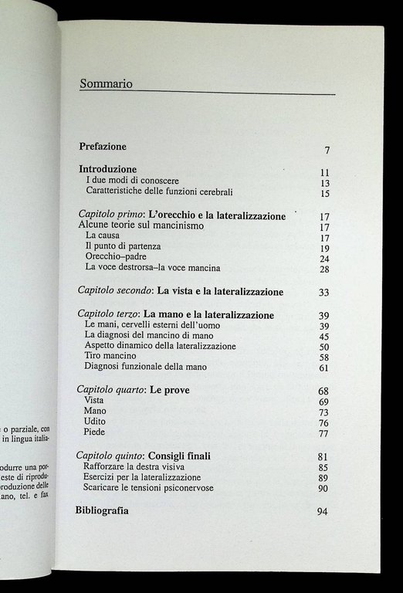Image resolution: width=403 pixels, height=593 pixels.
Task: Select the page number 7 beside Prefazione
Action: (327, 150)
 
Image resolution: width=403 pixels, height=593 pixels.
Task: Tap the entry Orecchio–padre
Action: (116, 256)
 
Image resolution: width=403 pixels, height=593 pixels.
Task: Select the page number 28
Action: (325, 269)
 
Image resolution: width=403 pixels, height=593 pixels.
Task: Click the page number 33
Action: (324, 293)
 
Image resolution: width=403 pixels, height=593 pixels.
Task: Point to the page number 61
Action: (324, 369)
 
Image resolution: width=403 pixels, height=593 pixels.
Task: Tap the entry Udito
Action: (95, 423)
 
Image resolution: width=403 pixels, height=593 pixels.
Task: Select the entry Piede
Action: (95, 434)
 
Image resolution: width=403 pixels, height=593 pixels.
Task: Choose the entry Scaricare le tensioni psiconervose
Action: (160, 488)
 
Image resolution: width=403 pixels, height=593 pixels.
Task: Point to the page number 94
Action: (323, 512)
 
